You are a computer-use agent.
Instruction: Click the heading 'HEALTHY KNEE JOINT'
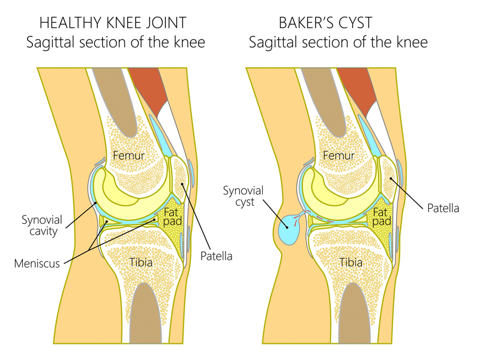[x=112, y=23]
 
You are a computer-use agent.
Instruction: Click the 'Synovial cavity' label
[x=43, y=222]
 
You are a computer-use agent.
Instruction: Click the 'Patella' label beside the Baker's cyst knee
[x=443, y=209]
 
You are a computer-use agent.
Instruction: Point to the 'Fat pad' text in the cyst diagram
[x=382, y=217]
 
